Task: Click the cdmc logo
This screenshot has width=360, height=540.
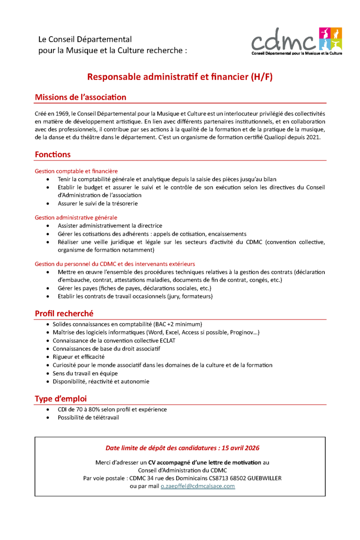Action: click(x=297, y=41)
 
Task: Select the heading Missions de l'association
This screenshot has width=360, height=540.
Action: click(x=80, y=97)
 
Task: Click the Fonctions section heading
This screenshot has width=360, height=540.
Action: click(x=52, y=154)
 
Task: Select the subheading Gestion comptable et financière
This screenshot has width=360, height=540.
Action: click(x=76, y=171)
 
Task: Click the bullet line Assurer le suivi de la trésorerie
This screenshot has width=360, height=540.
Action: click(x=97, y=203)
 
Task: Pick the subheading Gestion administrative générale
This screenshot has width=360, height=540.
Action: click(x=76, y=218)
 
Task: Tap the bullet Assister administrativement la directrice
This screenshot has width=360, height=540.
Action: click(x=110, y=226)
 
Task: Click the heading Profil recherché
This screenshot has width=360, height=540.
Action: click(x=64, y=313)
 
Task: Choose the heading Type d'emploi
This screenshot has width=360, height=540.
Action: click(x=60, y=399)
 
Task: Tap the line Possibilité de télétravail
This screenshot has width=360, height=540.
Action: click(x=88, y=417)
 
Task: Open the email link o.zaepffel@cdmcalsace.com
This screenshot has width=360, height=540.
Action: click(x=197, y=487)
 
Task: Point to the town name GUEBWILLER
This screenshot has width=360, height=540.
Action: click(x=262, y=478)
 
